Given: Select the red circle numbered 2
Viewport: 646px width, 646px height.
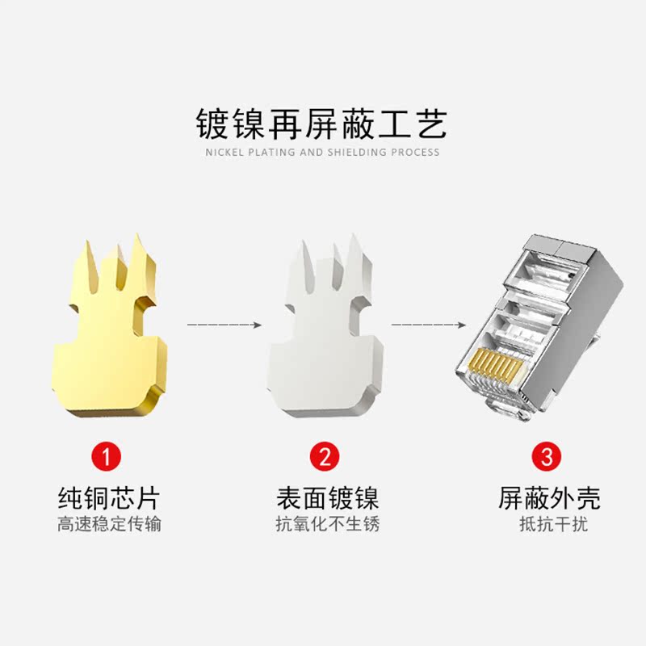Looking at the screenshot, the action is click(x=325, y=457).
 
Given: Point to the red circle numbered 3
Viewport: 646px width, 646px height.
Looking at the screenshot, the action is click(x=547, y=457).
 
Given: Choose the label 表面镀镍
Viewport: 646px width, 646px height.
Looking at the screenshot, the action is click(x=326, y=497).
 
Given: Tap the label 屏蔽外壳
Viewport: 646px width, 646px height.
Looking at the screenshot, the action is click(x=549, y=497).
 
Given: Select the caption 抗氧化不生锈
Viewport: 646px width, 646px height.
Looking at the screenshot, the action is click(x=326, y=524).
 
